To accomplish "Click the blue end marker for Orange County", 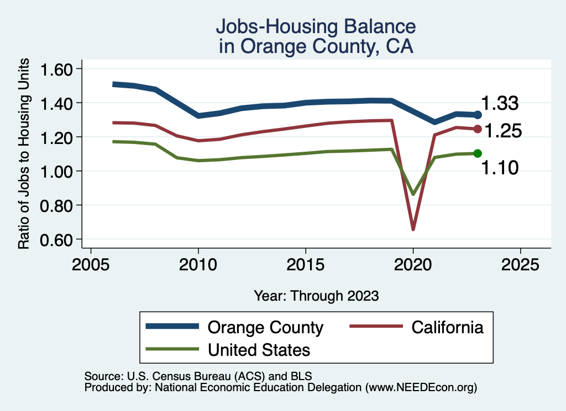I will [478, 115].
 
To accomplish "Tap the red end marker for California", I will [478, 129].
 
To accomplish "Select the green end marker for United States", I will [478, 153].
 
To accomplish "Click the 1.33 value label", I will [499, 103].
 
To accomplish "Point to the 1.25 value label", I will [503, 131].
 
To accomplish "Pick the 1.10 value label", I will [500, 167].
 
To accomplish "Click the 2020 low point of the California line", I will [413, 229].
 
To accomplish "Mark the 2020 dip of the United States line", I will [413, 194].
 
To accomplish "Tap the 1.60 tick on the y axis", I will [81, 69].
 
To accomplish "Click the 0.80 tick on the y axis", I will [81, 205].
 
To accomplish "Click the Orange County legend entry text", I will [265, 327].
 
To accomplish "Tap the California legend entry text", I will [447, 327].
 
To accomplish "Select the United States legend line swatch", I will [172, 349].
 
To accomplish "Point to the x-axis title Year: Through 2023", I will [316, 296].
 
